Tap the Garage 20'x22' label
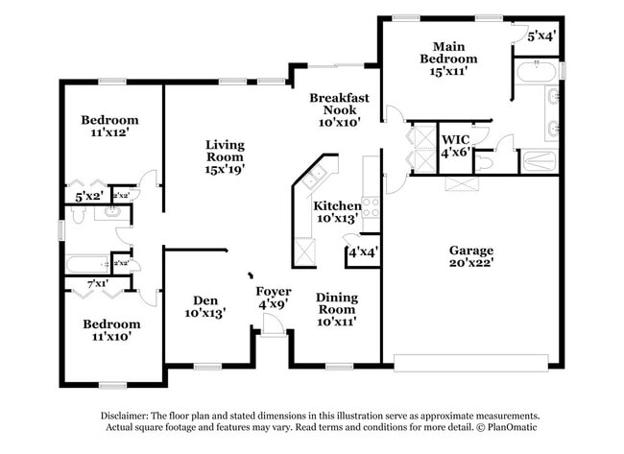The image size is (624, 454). click(x=470, y=257)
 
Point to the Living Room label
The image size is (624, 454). click(x=225, y=156)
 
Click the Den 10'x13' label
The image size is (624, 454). click(x=204, y=305)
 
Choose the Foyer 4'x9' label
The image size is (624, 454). click(x=273, y=298)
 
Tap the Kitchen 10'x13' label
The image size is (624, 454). click(x=336, y=212)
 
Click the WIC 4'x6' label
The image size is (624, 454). click(x=454, y=146)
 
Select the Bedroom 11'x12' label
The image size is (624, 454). click(x=108, y=127)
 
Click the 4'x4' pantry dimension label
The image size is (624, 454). click(x=362, y=252)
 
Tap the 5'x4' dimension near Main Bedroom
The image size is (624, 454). click(x=541, y=36)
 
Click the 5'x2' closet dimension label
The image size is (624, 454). click(x=89, y=197)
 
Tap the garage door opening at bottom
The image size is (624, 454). click(x=470, y=363)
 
